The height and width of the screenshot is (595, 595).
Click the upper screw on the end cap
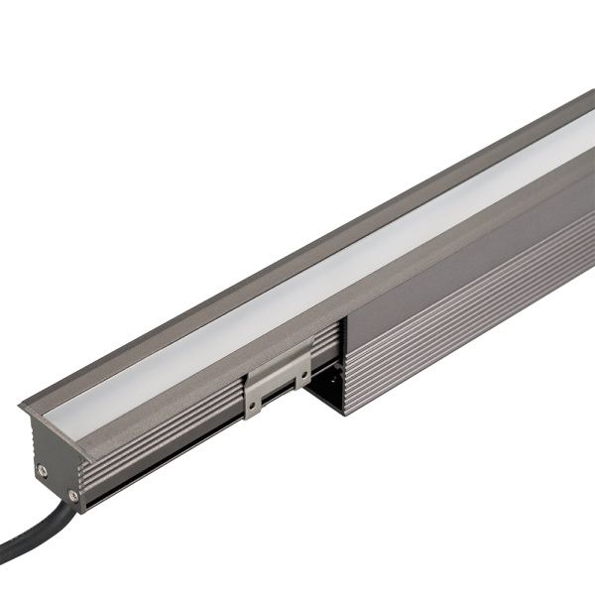[x=41, y=469]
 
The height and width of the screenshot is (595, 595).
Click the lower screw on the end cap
[x=73, y=495]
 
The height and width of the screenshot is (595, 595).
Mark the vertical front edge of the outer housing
[x=343, y=367]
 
